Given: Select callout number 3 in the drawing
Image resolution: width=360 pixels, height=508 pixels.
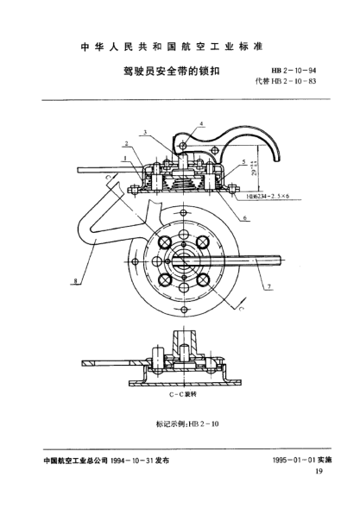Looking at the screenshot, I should tap(145, 133).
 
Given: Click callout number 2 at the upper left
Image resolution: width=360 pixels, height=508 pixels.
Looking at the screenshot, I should tap(126, 144).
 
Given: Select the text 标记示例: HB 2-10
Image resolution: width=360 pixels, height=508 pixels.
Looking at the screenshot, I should tap(181, 423).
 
